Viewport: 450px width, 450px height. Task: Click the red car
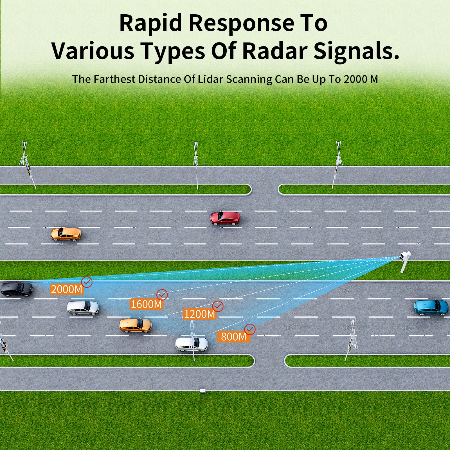point(225,218)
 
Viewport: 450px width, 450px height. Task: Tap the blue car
point(431,307)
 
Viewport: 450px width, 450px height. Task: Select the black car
point(16,289)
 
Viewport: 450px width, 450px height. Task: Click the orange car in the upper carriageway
point(66,234)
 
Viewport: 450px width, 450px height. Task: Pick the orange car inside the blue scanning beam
point(136,325)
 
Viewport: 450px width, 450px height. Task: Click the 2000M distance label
point(67,289)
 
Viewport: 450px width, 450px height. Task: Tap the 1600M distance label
point(147,304)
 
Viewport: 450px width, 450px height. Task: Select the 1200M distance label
point(200,314)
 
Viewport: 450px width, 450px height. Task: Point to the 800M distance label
point(233,336)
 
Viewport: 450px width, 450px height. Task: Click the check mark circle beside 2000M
point(87,282)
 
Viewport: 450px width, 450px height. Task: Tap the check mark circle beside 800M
point(250,329)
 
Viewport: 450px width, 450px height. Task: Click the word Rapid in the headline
point(151,23)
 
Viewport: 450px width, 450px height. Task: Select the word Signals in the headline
point(356,51)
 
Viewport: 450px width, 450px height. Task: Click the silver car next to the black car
point(83,308)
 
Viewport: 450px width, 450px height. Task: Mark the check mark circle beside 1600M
point(162,295)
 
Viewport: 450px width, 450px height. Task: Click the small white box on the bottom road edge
point(202,391)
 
